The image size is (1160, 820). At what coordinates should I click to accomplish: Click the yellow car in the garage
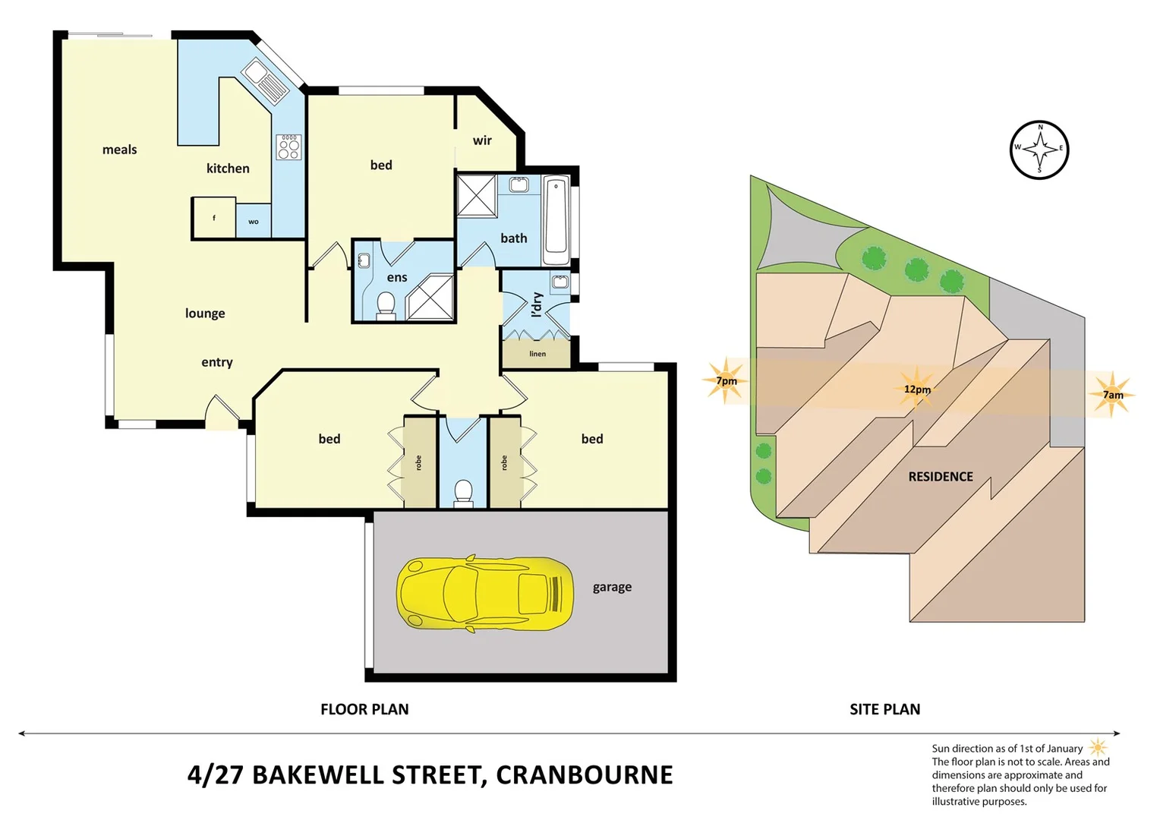484,594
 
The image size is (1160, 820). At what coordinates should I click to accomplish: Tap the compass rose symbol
1039,150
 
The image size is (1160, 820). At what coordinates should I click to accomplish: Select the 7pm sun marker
727,380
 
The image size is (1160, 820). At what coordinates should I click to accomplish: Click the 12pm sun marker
917,389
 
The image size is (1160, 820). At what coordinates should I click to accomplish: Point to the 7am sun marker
1112,395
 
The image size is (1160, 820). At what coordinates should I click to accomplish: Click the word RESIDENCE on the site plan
941,477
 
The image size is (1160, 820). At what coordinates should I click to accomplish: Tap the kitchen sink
265,82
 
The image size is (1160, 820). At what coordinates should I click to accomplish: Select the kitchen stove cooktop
288,147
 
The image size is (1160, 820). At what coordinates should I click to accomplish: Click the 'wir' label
482,140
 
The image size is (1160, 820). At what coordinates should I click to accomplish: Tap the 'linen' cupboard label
537,354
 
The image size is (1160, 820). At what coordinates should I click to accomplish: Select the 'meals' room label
120,150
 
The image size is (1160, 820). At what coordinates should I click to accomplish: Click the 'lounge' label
205,313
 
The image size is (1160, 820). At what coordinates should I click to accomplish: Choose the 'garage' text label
612,587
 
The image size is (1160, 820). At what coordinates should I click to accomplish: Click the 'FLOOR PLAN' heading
364,709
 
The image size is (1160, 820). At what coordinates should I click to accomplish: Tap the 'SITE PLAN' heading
884,709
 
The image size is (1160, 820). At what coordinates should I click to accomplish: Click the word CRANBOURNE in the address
585,774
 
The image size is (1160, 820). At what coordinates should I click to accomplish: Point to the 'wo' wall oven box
254,222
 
